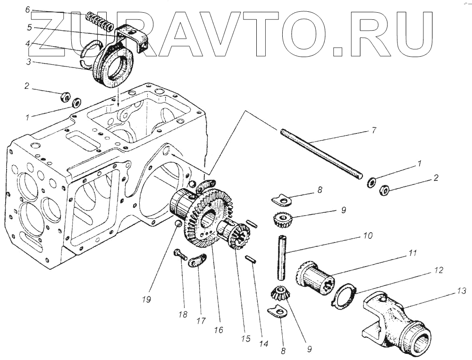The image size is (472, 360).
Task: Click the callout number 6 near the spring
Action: point(27,10)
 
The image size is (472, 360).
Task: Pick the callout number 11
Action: point(413,254)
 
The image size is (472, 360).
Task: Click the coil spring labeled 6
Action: point(100,21)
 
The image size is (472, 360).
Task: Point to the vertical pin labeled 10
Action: point(282,257)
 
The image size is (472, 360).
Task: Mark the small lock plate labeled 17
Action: point(197,260)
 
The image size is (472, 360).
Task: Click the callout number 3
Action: point(27,62)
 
